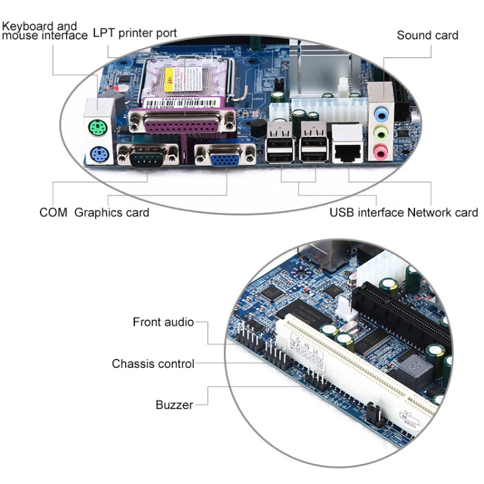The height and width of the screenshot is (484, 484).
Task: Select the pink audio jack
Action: click(381, 152)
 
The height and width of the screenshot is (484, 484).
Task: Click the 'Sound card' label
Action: click(427, 35)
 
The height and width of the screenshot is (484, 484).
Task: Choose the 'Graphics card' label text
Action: click(112, 212)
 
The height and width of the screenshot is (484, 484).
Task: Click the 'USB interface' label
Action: click(366, 212)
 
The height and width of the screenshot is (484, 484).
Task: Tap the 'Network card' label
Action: click(443, 212)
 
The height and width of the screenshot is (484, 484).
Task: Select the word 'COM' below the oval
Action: click(53, 212)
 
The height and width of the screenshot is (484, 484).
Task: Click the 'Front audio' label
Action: click(163, 321)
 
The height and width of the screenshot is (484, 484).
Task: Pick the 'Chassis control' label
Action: click(153, 364)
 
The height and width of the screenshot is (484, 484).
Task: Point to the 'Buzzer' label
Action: click(174, 405)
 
